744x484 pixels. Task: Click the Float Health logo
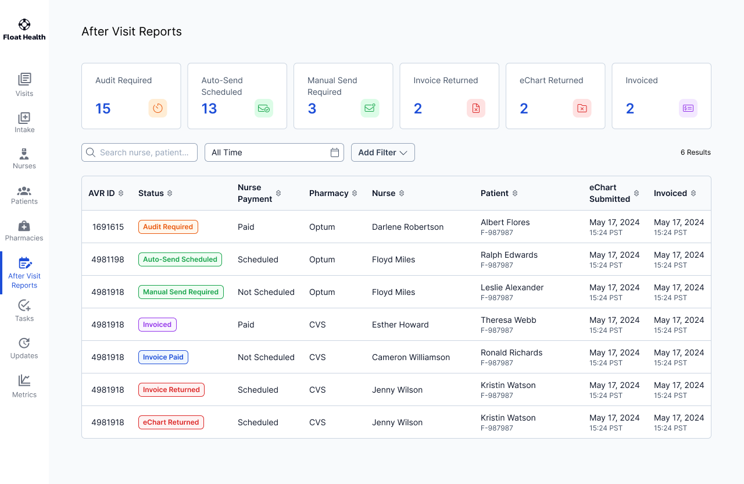(24, 30)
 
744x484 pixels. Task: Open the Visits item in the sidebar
(24, 84)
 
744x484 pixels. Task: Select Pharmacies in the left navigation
(24, 231)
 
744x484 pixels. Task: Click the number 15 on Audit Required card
(103, 109)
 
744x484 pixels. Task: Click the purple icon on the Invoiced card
(688, 108)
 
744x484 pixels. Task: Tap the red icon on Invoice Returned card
(476, 108)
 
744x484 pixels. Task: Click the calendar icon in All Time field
(335, 152)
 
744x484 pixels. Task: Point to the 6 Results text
(695, 152)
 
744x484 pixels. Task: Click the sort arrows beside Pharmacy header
(355, 193)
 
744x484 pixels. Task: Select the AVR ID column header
(102, 193)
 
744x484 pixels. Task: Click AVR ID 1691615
(108, 227)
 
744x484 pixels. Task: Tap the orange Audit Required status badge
(168, 227)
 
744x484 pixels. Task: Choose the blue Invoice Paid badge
(163, 357)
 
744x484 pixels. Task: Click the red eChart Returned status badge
(171, 422)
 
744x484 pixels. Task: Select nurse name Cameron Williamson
(410, 357)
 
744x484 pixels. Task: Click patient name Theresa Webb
(508, 320)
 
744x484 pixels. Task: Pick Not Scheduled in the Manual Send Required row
(266, 292)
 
